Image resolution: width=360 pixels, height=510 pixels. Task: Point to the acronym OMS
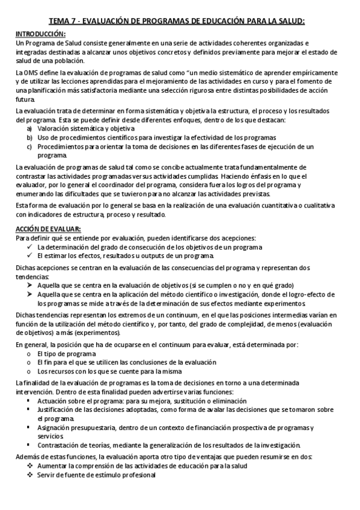pos(31,73)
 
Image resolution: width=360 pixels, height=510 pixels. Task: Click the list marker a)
pos(29,129)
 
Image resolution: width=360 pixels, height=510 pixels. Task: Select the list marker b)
pos(29,137)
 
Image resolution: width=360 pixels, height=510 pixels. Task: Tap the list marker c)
pos(29,146)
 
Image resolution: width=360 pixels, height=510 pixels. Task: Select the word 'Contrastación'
pos(58,445)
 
